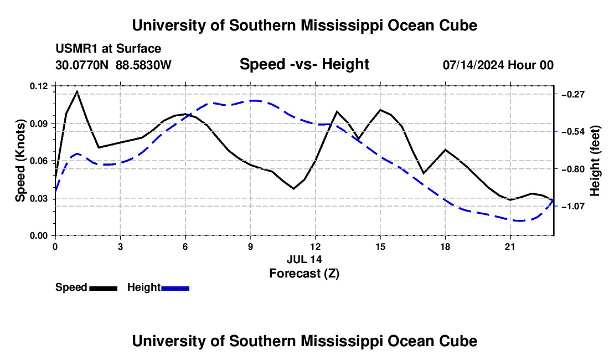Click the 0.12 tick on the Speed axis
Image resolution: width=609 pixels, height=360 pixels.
pyautogui.click(x=54, y=86)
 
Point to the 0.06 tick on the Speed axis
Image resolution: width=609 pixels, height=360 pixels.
pyautogui.click(x=54, y=161)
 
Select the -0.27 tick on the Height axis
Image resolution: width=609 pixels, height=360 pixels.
pyautogui.click(x=556, y=94)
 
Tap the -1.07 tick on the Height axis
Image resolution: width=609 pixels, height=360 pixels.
pyautogui.click(x=556, y=206)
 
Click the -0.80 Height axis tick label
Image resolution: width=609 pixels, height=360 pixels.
pyautogui.click(x=573, y=169)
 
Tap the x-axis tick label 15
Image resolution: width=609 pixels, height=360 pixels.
pyautogui.click(x=380, y=246)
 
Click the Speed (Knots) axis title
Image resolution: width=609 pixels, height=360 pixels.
pyautogui.click(x=20, y=161)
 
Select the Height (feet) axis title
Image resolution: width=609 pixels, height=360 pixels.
pyautogui.click(x=595, y=161)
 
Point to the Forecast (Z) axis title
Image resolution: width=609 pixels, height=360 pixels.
pyautogui.click(x=304, y=274)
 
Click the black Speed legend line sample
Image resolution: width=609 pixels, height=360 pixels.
pyautogui.click(x=104, y=288)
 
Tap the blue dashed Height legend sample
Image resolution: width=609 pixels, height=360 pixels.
pyautogui.click(x=175, y=288)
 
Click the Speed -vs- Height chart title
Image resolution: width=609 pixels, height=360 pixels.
pyautogui.click(x=304, y=64)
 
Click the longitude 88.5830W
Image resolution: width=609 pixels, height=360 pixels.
pyautogui.click(x=143, y=65)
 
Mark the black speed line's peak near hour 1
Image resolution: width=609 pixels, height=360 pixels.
pyautogui.click(x=77, y=91)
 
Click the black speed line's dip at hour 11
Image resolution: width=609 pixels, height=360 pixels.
pyautogui.click(x=293, y=189)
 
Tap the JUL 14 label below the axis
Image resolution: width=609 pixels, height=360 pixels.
pyautogui.click(x=304, y=259)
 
